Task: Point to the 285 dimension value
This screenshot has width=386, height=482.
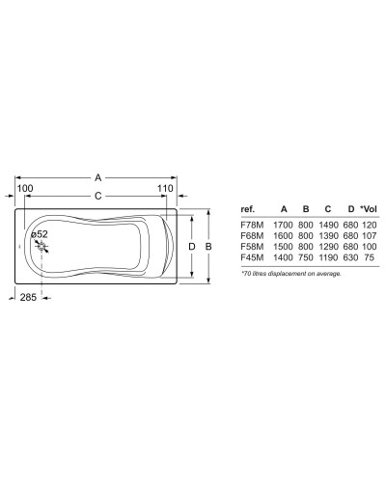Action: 28,298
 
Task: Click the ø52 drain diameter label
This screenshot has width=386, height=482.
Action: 41,233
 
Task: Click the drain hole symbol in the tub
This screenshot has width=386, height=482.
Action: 41,247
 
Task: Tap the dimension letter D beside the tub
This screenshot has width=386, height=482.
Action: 192,247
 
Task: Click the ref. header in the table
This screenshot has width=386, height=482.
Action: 248,209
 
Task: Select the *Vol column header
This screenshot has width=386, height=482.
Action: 368,209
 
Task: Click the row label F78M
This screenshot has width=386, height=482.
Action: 250,225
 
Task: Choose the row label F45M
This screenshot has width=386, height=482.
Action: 250,259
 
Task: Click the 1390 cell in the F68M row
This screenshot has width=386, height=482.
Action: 327,236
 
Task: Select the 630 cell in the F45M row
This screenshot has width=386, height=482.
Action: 349,259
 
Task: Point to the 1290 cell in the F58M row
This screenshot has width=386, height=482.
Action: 327,248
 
